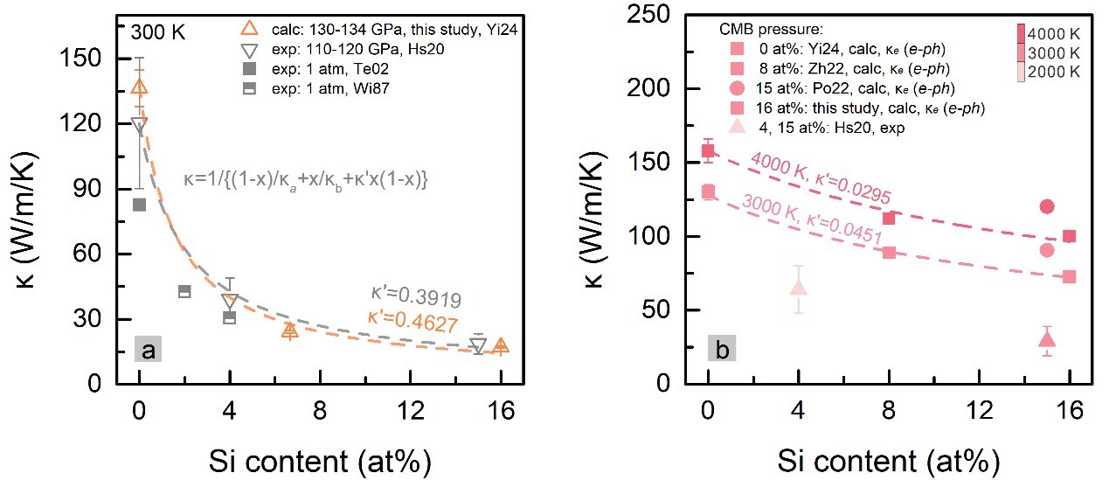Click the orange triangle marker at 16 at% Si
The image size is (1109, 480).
(501, 346)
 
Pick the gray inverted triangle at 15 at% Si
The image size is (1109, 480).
(478, 346)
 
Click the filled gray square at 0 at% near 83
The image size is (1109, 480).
(139, 205)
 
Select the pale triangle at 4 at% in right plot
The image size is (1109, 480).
(799, 286)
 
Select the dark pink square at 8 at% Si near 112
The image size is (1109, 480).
(889, 218)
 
